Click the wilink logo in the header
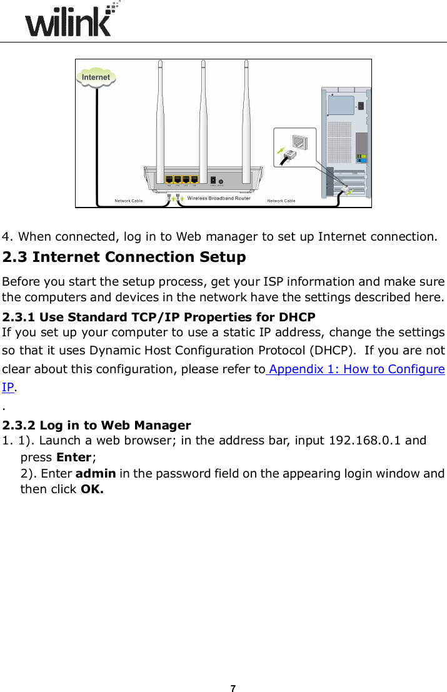(69, 23)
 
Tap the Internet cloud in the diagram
(96, 78)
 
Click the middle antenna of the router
(203, 113)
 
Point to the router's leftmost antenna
(161, 113)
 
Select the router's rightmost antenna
(246, 113)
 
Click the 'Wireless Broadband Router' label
(219, 199)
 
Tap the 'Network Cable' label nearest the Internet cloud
(129, 201)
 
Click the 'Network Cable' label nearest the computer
(281, 201)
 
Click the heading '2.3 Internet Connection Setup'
(124, 258)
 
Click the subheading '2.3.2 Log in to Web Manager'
(97, 426)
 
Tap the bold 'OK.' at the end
(93, 489)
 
